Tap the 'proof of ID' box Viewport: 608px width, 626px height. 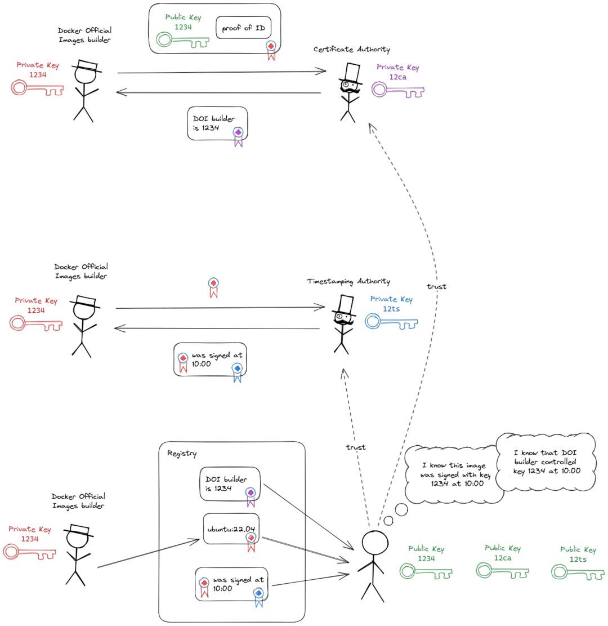point(243,28)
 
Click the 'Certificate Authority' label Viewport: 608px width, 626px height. point(351,50)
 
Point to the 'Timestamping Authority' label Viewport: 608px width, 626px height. point(348,281)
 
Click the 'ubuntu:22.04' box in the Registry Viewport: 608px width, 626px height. point(231,529)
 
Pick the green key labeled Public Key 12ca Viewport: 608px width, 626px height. point(503,570)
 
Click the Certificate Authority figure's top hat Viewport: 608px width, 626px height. point(352,72)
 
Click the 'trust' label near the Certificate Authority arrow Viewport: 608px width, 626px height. point(436,287)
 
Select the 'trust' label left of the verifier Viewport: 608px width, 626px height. point(355,447)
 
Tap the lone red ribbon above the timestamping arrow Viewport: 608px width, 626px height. point(213,286)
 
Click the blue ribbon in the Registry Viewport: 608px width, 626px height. point(258,595)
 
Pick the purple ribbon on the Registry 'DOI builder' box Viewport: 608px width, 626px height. point(251,495)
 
